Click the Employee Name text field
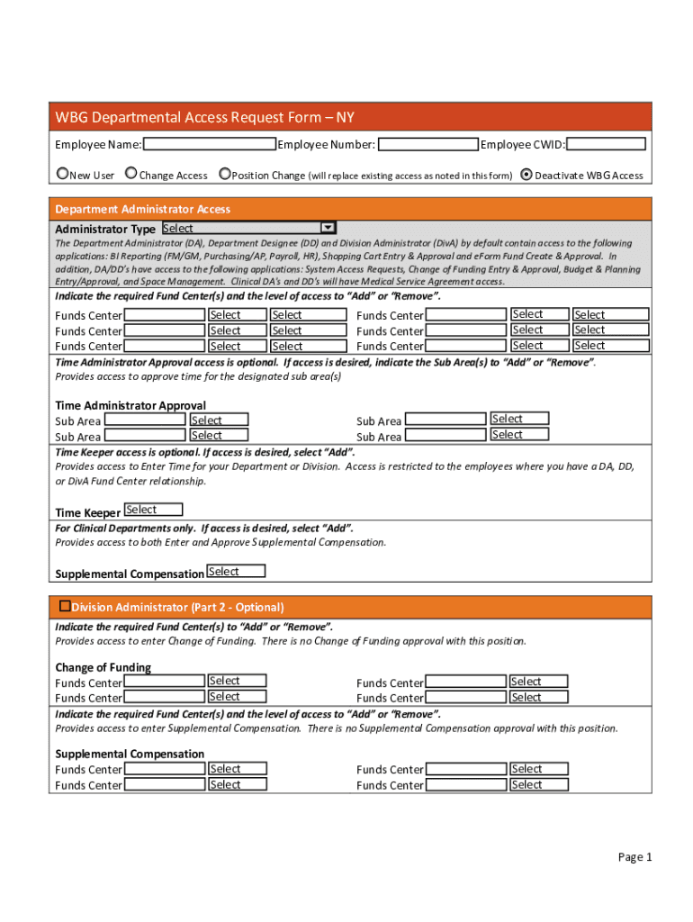coord(209,144)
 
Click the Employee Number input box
coord(427,144)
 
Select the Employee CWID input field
coord(606,144)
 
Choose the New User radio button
coord(62,174)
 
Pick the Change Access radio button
coord(131,174)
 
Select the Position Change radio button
coord(225,174)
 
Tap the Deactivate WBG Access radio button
coord(526,175)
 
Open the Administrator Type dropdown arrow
coord(328,229)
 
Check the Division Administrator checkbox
coord(64,606)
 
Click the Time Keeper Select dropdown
coord(153,511)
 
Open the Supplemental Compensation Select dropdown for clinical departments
coord(236,572)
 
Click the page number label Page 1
coord(634,857)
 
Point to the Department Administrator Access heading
coord(143,209)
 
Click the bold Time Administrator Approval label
coord(130,405)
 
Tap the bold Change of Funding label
coord(103,667)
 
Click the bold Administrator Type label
coord(105,230)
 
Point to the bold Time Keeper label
coord(87,513)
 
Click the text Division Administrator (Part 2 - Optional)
coord(178,607)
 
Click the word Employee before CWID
coord(507,145)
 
